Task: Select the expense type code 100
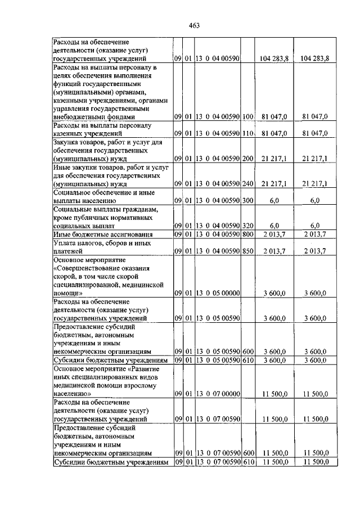(x=247, y=116)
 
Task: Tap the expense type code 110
(x=247, y=133)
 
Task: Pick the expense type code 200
(x=247, y=159)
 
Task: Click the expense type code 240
(x=247, y=184)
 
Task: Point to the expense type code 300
(x=247, y=200)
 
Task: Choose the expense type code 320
(x=247, y=226)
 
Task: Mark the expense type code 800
(x=247, y=234)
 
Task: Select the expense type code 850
(x=247, y=250)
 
